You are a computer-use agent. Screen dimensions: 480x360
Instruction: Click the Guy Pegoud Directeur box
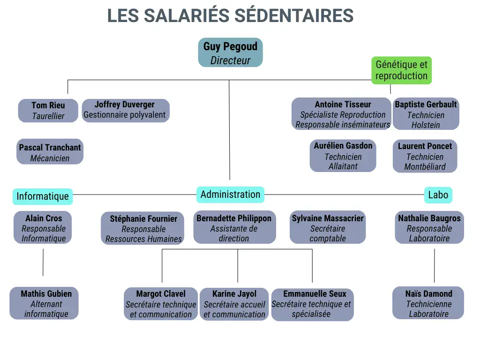230,52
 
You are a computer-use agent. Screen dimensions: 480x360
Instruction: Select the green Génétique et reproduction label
401,70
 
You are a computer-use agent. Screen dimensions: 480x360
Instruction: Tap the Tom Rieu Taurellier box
48,111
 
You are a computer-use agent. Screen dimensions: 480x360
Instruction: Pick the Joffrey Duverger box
126,111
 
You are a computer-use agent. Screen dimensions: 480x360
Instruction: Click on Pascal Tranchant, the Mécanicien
50,151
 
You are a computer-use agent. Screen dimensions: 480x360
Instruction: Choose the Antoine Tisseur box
341,113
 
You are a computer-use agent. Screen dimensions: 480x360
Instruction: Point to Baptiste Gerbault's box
426,113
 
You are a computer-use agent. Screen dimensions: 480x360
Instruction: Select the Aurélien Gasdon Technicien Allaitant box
343,156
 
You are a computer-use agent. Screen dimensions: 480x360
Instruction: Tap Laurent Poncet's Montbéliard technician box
425,156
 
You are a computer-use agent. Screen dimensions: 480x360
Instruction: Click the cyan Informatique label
43,196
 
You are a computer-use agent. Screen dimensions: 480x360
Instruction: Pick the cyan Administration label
230,195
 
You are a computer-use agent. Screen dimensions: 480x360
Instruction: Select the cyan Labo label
438,195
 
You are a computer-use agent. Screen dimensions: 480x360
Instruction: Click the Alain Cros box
43,227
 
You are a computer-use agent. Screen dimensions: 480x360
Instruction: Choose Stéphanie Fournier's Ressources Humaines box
142,228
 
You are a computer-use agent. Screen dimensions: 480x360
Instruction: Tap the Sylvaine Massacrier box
328,227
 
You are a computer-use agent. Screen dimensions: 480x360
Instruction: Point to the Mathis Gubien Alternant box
44,303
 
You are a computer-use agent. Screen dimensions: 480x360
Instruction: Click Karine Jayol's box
234,304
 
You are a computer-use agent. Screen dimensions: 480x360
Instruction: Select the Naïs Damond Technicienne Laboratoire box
428,303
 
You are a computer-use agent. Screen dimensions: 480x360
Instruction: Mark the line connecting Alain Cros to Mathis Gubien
43,262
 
